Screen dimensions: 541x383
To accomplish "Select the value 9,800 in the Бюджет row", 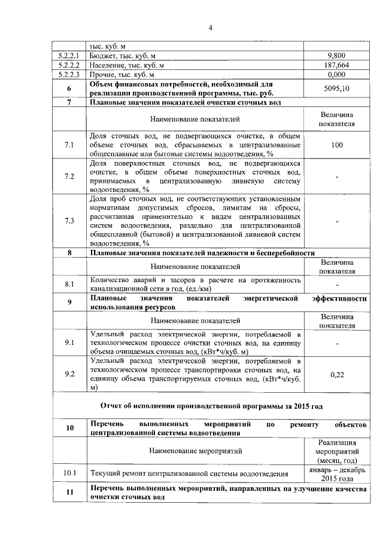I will coord(337,56).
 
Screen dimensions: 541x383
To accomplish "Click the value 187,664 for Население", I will coord(337,65).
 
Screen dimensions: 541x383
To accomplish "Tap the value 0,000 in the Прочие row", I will coord(337,75).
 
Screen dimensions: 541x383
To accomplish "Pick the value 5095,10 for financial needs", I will coord(337,88).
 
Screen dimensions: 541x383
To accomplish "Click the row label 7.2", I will coord(69,176).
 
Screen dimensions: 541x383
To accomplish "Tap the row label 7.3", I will coord(69,221).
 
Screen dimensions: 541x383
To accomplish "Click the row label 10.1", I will coord(69,473).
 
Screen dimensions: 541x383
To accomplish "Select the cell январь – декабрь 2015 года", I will coord(337,473).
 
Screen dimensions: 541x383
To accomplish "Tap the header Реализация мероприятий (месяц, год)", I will coord(337,451).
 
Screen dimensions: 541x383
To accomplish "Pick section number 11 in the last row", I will coord(69,493).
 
